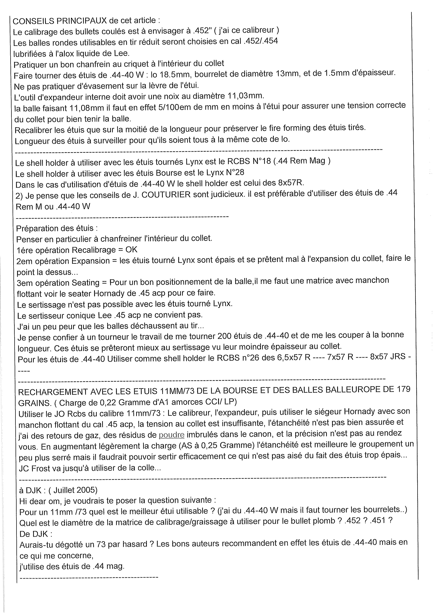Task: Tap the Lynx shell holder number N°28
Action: pyautogui.click(x=235, y=172)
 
